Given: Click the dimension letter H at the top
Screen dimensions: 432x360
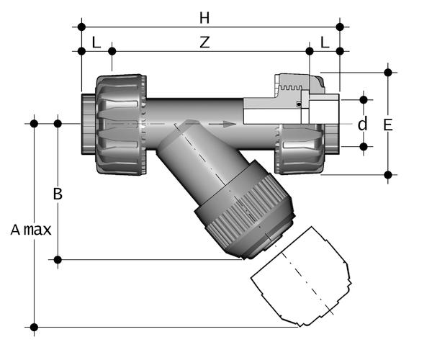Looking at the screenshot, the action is pos(204,18).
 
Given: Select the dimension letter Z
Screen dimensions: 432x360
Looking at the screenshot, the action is pos(204,42).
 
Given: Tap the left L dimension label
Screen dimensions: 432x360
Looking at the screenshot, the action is pos(96,42).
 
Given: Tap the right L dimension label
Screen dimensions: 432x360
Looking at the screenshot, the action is pos(325,42).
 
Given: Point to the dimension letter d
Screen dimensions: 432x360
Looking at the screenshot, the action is pos(363,124).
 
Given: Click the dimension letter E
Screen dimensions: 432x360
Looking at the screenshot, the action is pos(388,125).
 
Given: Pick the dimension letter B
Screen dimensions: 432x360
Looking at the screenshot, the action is pos(58,194).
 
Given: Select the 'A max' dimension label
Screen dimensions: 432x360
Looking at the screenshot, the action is pos(31,230).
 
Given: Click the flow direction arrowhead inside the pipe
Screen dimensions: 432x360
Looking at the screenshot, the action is pos(228,124).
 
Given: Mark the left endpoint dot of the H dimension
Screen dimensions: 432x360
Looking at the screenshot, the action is pos(81,27).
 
